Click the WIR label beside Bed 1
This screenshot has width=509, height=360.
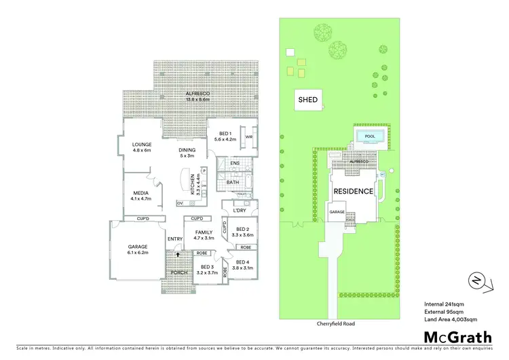click(249, 136)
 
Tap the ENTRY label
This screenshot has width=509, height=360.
click(175, 238)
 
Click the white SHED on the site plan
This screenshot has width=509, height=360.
click(308, 101)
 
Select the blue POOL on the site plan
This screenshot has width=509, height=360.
click(370, 137)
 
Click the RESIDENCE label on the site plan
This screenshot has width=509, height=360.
click(354, 192)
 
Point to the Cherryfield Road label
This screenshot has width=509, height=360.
click(336, 324)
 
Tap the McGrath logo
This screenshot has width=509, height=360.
click(458, 337)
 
